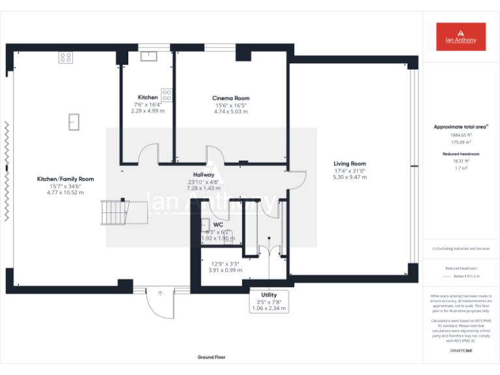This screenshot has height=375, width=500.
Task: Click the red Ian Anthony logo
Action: coord(461,36)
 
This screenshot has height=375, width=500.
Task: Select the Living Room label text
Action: coord(350,163)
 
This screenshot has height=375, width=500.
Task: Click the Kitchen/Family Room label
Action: coord(65,179)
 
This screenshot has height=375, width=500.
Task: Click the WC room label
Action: coord(218,225)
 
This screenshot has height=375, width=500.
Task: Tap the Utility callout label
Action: coord(269,295)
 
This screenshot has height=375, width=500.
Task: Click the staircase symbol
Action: coord(113,212)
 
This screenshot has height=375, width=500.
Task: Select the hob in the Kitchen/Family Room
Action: coord(66,57)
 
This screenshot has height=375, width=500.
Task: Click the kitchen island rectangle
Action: coord(74,121)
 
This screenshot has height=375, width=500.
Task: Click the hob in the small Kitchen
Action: coord(166,95)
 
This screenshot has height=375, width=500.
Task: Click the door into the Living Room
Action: coord(296,180)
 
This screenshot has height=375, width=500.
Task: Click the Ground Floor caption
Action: coord(212,357)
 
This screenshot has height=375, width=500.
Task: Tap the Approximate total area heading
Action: coord(461,126)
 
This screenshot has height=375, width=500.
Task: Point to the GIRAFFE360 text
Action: coord(461,350)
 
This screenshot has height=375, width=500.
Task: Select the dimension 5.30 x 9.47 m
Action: coord(350,177)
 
